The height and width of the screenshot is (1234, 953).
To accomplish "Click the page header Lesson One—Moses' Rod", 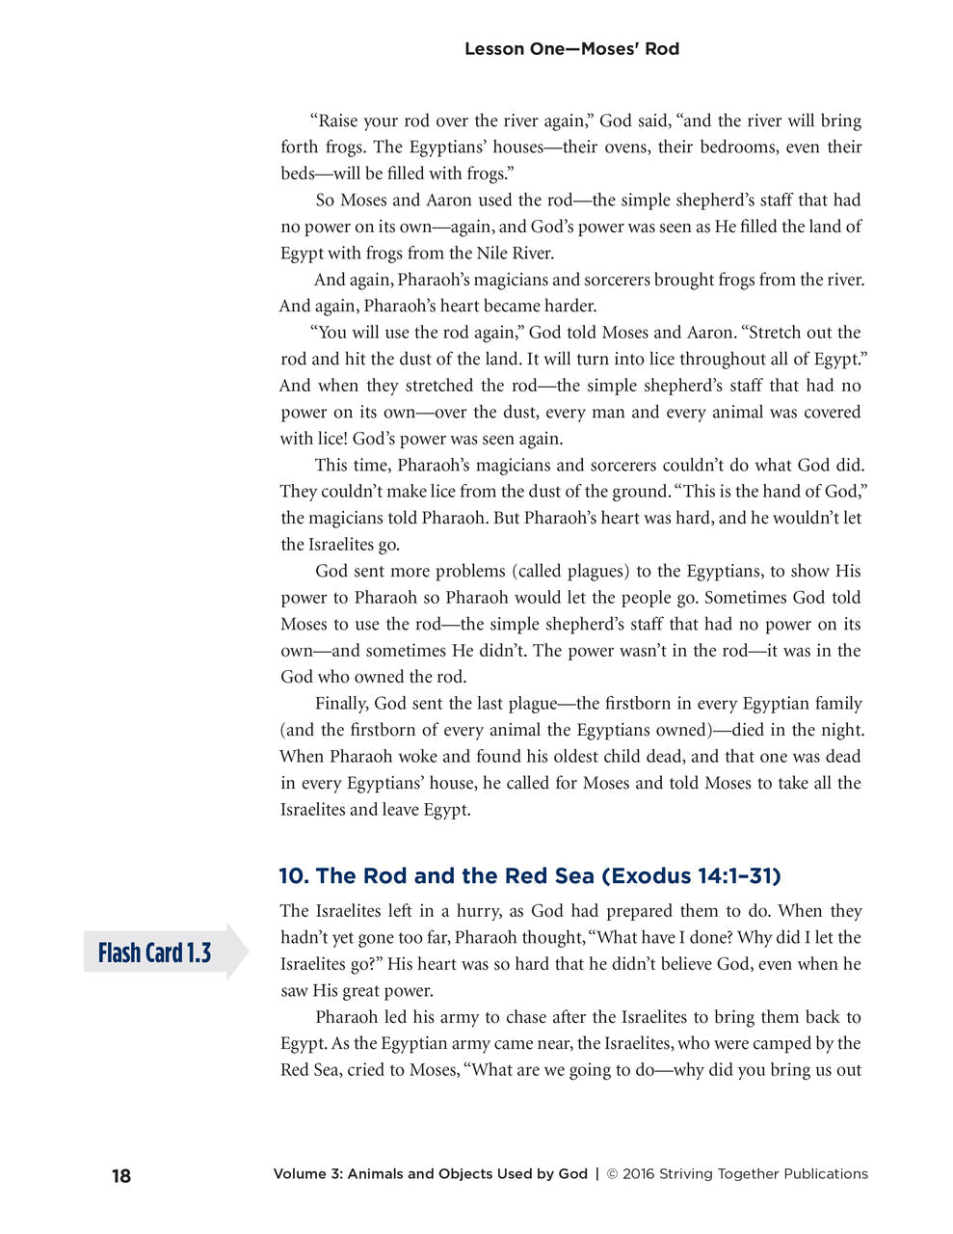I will click(x=571, y=49).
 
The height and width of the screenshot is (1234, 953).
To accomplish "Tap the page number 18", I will click(x=121, y=1176).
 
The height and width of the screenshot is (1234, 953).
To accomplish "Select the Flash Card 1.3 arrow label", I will click(x=155, y=953).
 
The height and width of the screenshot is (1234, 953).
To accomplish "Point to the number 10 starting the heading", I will click(x=292, y=876).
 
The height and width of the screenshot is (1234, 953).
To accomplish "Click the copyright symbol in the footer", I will click(x=612, y=1174).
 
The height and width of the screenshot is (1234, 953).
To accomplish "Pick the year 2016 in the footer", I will click(x=639, y=1174).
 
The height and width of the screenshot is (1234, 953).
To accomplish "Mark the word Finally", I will click(x=342, y=704).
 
